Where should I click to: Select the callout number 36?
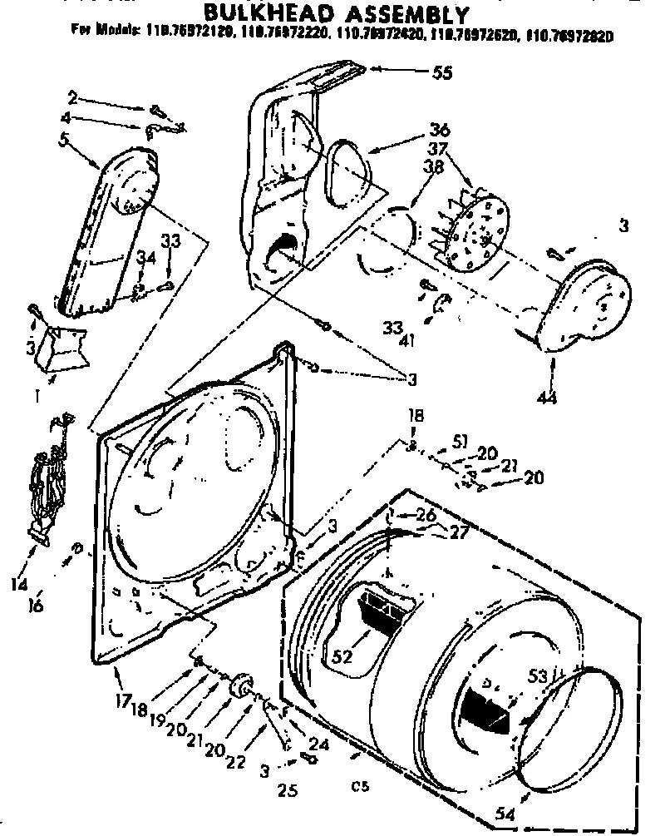[x=440, y=130]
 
